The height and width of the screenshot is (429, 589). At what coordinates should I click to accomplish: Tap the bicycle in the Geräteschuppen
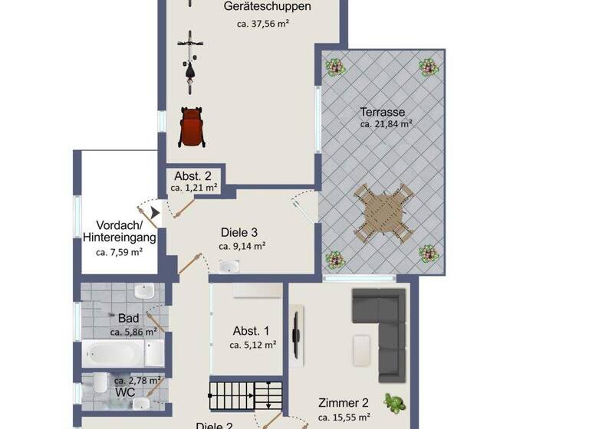pyautogui.click(x=190, y=58)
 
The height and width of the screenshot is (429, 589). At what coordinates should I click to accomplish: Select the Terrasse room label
pyautogui.click(x=382, y=112)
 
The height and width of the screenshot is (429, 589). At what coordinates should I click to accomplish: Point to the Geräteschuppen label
pyautogui.click(x=256, y=7)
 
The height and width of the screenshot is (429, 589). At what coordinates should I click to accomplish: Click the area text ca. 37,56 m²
pyautogui.click(x=263, y=24)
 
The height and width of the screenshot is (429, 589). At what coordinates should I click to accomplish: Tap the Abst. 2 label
pyautogui.click(x=192, y=175)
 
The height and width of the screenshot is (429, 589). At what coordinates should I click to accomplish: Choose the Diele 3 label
pyautogui.click(x=239, y=233)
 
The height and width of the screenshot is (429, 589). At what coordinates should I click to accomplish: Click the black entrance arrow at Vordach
pyautogui.click(x=155, y=212)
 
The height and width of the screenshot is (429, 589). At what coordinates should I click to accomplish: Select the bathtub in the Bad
pyautogui.click(x=114, y=353)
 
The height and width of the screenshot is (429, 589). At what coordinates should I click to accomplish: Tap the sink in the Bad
pyautogui.click(x=144, y=292)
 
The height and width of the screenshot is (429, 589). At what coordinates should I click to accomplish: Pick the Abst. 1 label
pyautogui.click(x=251, y=331)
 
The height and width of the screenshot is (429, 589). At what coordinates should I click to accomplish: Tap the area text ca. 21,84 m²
pyautogui.click(x=387, y=124)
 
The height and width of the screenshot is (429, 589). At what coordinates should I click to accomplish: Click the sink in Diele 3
pyautogui.click(x=229, y=267)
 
